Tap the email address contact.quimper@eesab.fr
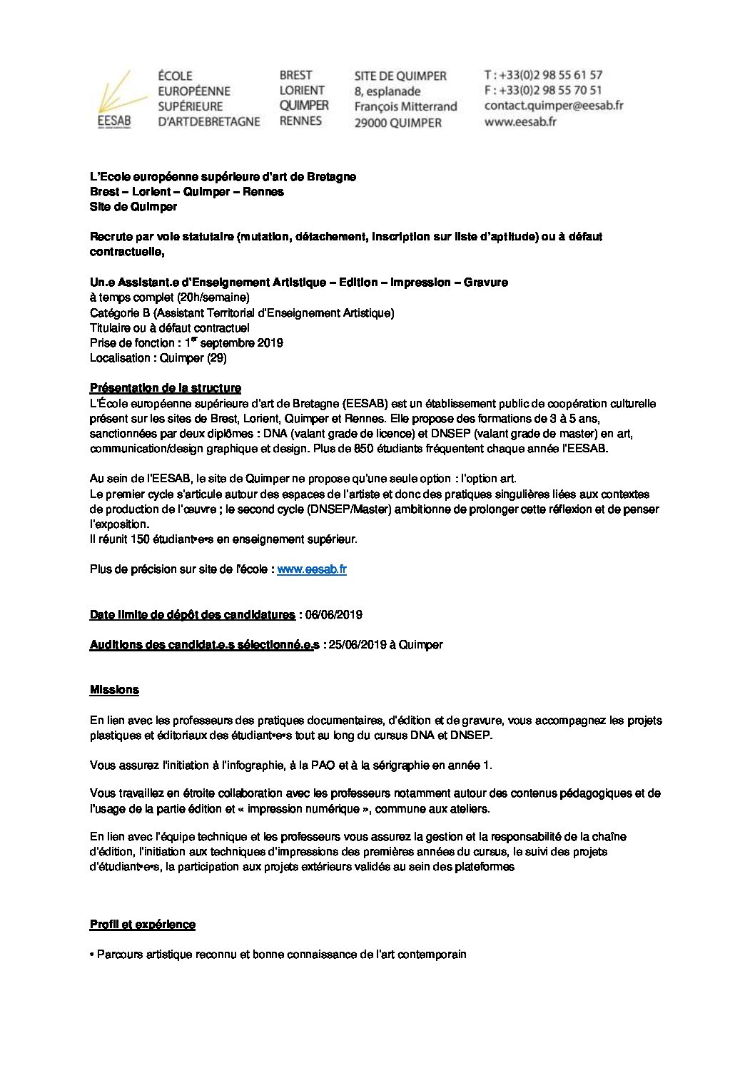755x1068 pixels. coord(553,106)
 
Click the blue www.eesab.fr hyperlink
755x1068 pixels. coord(312,569)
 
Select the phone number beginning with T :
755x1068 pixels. coord(543,75)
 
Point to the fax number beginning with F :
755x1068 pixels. coord(542,90)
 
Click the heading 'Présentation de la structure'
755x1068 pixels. coord(165,388)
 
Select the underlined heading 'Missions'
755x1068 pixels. coord(114,690)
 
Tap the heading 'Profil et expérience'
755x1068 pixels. coord(143,925)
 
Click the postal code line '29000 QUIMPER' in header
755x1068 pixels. coord(398,123)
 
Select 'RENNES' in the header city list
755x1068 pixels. coord(300,121)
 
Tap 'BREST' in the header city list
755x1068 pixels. coord(295,75)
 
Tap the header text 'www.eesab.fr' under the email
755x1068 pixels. coord(520,121)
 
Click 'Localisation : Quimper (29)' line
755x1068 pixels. coord(158,358)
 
